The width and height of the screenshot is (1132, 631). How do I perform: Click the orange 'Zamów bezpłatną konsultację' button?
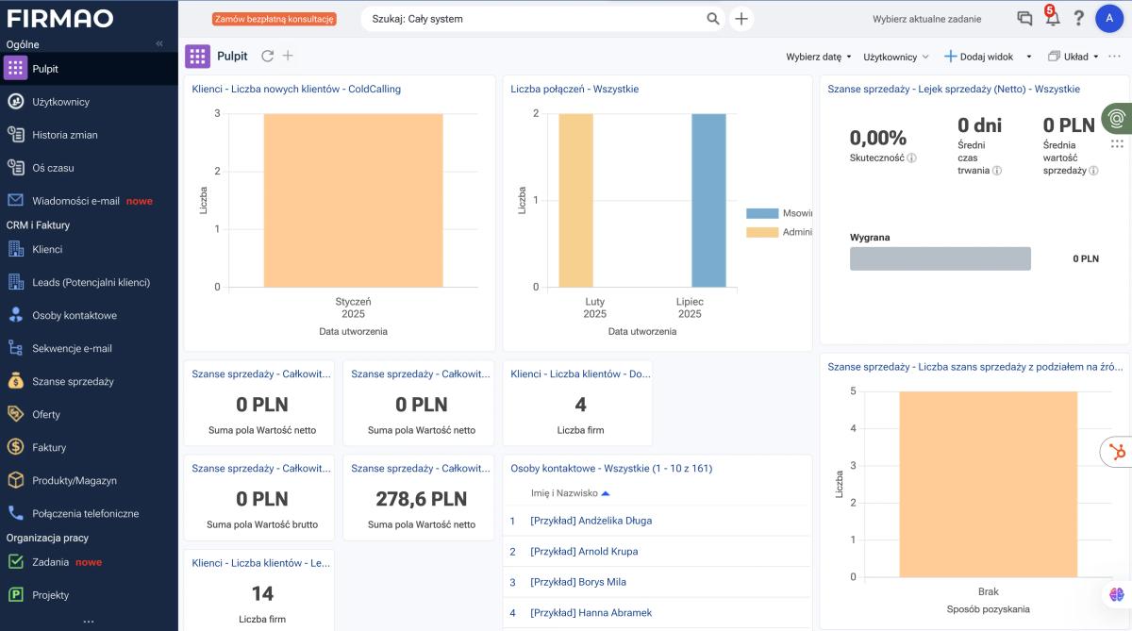pos(274,19)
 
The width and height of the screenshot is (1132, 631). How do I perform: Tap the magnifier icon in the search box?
pos(712,19)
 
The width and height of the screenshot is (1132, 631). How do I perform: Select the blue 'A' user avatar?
pos(1109,19)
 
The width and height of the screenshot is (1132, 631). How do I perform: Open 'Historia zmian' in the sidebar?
pos(65,135)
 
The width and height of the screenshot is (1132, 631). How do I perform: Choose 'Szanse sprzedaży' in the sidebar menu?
pos(73,381)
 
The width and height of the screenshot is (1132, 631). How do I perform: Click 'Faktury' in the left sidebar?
pos(49,448)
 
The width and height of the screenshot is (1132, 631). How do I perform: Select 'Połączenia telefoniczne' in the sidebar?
pos(86,514)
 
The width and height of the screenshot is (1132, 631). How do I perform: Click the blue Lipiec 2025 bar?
pos(708,201)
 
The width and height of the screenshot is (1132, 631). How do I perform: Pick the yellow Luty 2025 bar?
pos(576,201)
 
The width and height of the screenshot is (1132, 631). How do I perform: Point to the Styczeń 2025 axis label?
pos(353,307)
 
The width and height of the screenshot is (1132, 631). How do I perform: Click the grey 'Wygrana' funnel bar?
pos(940,258)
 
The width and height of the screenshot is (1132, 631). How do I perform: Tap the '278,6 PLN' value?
pos(422,499)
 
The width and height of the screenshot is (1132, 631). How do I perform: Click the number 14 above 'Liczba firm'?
pos(262,593)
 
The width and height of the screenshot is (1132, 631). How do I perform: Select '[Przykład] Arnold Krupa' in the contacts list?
pos(584,552)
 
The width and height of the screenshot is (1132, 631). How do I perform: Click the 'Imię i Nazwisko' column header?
pos(564,493)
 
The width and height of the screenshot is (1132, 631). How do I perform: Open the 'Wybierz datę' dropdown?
pos(818,57)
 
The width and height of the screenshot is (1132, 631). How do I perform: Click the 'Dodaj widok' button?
pos(979,57)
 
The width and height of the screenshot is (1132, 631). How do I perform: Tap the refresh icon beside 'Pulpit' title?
pos(267,56)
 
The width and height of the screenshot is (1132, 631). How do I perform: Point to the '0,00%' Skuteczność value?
pos(878,138)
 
